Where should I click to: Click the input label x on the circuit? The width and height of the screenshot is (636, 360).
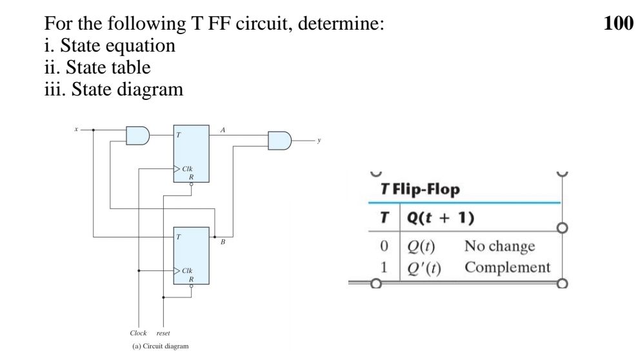(x=77, y=129)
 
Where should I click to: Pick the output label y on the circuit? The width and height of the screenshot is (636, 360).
(x=319, y=139)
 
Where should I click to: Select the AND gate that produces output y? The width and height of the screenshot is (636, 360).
(x=279, y=140)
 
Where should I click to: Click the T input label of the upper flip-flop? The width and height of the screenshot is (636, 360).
(x=178, y=135)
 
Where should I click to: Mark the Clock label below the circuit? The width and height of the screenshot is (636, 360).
(x=138, y=334)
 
